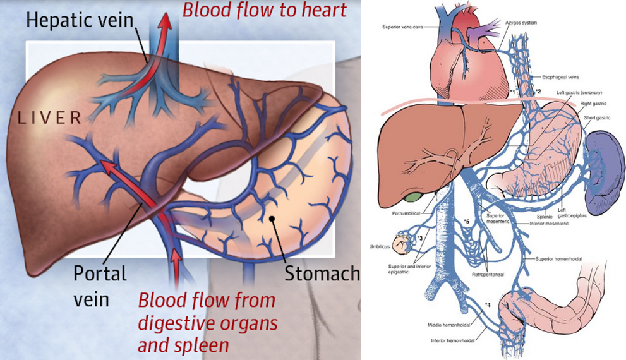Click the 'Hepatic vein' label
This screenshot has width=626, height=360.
pyautogui.click(x=80, y=20)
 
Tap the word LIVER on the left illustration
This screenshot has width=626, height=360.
pyautogui.click(x=50, y=117)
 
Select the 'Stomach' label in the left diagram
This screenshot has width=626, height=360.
pyautogui.click(x=322, y=273)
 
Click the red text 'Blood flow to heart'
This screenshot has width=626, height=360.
pyautogui.click(x=264, y=9)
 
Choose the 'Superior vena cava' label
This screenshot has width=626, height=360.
pyautogui.click(x=402, y=27)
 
